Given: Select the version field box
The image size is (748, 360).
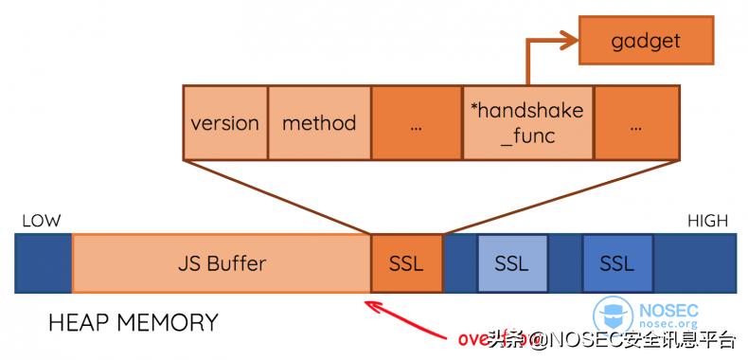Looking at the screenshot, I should click(225, 122).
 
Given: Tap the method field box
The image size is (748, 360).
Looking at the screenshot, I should click(319, 122).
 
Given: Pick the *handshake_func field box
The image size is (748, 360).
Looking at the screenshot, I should click(526, 122).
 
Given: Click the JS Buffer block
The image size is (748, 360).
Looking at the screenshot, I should click(221, 262).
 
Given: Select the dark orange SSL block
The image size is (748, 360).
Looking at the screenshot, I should click(406, 262).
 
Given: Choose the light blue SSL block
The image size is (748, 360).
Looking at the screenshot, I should click(511, 262).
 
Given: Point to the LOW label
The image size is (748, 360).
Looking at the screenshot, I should click(41, 221).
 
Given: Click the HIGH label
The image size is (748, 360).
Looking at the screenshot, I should click(707, 221).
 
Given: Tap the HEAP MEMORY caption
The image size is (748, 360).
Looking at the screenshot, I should click(133, 323).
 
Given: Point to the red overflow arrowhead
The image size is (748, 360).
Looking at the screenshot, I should click(369, 305).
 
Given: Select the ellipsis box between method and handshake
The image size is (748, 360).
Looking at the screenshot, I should click(416, 122).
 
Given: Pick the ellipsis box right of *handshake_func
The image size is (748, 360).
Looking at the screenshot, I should click(636, 122).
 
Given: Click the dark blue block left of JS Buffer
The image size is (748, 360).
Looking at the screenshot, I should click(44, 262).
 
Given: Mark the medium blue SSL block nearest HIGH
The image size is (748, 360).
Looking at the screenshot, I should click(616, 262).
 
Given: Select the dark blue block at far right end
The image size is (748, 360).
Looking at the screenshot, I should click(694, 262).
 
